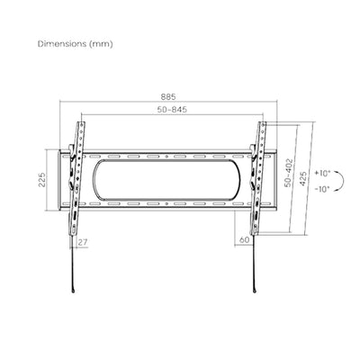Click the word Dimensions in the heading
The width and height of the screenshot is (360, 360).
62,44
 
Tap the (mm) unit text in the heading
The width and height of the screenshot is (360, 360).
101,44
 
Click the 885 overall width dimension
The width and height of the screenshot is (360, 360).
168,97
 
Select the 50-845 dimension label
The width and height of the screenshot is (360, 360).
172,110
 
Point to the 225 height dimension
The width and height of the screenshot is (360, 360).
42,179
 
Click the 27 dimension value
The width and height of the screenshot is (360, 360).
83,242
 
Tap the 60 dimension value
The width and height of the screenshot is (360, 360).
245,240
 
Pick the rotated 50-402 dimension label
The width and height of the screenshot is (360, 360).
288,173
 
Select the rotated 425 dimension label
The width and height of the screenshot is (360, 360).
303,178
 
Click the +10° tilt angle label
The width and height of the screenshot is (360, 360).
322,174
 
